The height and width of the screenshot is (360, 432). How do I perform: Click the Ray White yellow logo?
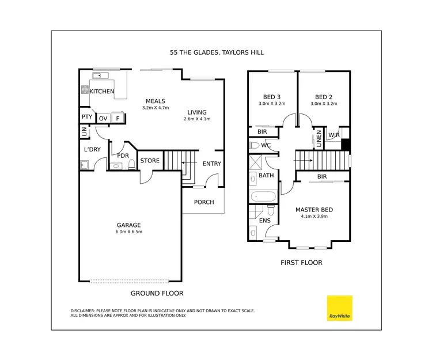(339, 308)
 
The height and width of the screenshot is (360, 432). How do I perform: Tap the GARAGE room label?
(128, 225)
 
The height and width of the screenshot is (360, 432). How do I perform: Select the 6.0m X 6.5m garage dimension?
(128, 232)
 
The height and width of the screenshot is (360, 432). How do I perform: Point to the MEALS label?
(155, 101)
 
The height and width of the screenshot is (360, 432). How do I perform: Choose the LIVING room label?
(197, 112)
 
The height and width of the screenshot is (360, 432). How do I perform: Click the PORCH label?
(204, 202)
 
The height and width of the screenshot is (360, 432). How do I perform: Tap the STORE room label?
(150, 161)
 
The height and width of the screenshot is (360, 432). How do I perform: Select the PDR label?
(122, 156)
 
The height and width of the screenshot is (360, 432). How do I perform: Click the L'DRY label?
(92, 150)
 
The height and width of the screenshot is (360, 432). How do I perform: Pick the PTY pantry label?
(86, 117)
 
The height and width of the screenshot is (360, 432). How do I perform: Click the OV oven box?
(103, 118)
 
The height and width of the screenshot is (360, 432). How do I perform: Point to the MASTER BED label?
(314, 210)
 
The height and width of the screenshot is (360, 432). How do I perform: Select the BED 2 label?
(323, 97)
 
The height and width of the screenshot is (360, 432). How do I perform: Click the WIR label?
(334, 135)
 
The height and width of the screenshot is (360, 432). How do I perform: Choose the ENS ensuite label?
(265, 220)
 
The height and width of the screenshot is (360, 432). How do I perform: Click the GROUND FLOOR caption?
(157, 293)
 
